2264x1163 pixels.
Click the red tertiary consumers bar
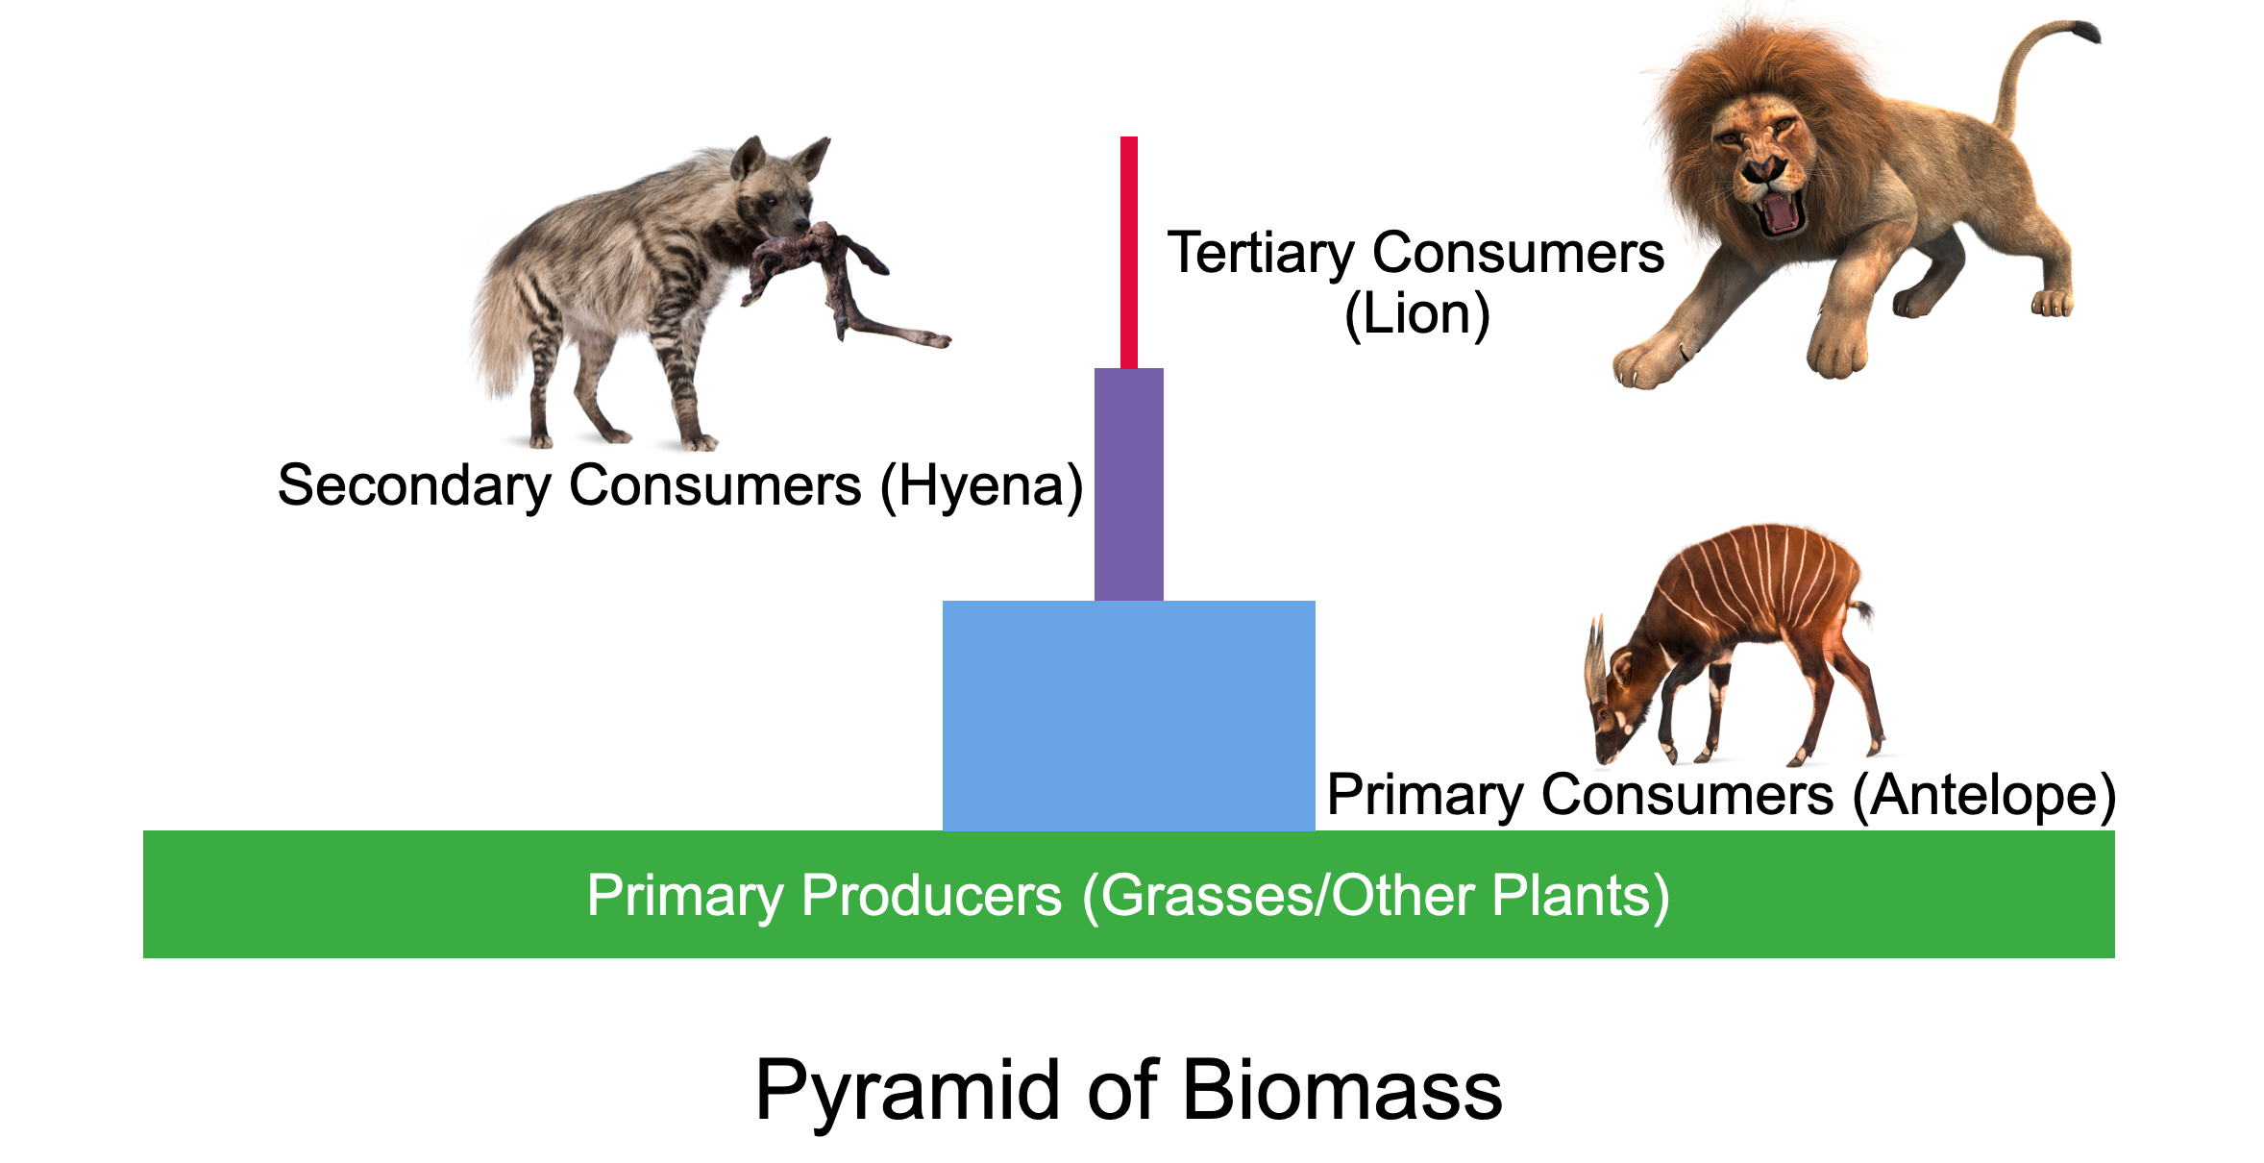(x=1129, y=253)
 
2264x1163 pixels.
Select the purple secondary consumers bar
(x=1129, y=484)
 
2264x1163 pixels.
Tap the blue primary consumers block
(x=1129, y=716)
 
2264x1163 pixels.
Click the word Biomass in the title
(x=1342, y=1091)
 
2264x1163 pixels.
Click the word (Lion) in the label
(x=1417, y=314)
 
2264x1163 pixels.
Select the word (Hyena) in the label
(x=982, y=486)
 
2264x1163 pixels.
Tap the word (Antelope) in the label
(x=1984, y=797)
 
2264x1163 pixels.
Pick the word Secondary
(x=414, y=486)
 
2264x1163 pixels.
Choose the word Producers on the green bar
(x=931, y=896)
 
